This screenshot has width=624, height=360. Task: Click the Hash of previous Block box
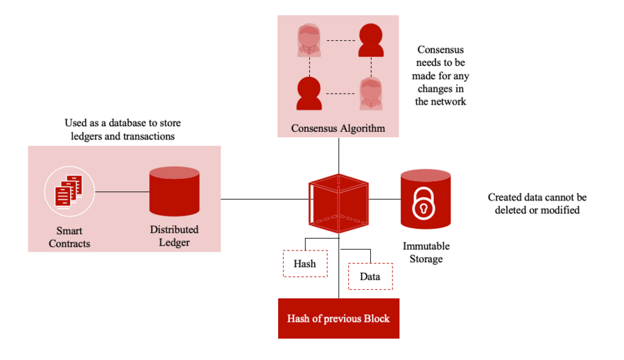click(338, 318)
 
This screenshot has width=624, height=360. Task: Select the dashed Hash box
click(305, 264)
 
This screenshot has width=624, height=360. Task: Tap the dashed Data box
click(370, 276)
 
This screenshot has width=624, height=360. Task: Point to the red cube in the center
click(338, 203)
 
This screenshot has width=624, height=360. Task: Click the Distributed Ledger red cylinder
click(174, 191)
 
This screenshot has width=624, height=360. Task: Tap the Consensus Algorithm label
click(338, 128)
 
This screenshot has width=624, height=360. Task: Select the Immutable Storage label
click(426, 252)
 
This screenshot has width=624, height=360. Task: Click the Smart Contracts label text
click(69, 237)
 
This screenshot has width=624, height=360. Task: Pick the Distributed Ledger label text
click(174, 236)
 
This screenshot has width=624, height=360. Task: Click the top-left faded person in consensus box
click(308, 40)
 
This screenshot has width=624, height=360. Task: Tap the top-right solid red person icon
click(371, 40)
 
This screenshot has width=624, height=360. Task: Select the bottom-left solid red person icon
click(308, 93)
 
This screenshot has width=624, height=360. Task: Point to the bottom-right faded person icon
click(371, 94)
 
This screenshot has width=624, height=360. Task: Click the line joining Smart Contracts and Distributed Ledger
click(122, 191)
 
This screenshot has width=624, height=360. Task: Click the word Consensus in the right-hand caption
click(440, 50)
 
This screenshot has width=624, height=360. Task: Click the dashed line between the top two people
click(340, 41)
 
